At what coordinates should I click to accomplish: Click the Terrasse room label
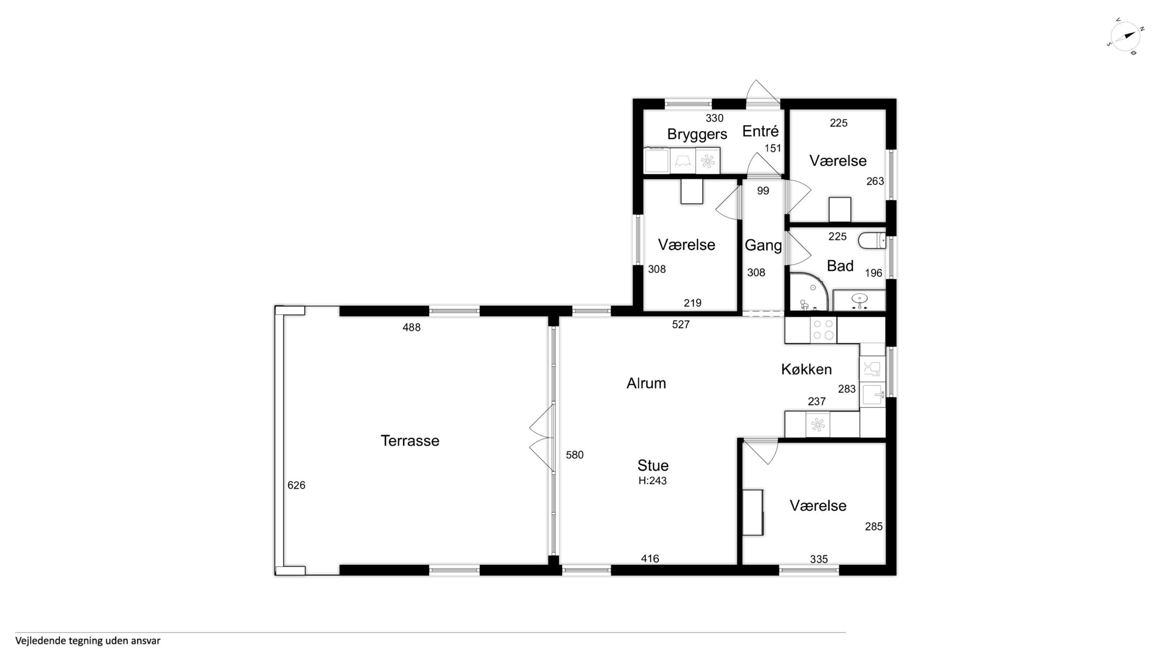(410, 441)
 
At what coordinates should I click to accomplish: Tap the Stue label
(653, 465)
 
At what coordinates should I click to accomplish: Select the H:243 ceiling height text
(652, 480)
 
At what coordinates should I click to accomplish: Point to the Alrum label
(646, 383)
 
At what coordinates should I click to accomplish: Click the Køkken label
(806, 369)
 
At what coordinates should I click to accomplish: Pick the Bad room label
(840, 265)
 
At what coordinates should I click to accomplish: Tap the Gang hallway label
(763, 246)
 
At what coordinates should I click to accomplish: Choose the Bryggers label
(697, 134)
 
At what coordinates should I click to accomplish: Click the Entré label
(760, 131)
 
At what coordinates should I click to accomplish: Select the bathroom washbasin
(859, 301)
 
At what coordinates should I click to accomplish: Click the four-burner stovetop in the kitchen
(823, 330)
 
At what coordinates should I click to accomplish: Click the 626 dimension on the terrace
(296, 485)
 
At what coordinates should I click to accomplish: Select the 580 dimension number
(574, 455)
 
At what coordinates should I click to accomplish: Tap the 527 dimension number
(681, 324)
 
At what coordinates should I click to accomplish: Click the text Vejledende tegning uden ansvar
(88, 641)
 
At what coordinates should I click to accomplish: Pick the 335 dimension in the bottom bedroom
(819, 559)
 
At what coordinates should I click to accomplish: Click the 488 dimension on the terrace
(411, 328)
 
